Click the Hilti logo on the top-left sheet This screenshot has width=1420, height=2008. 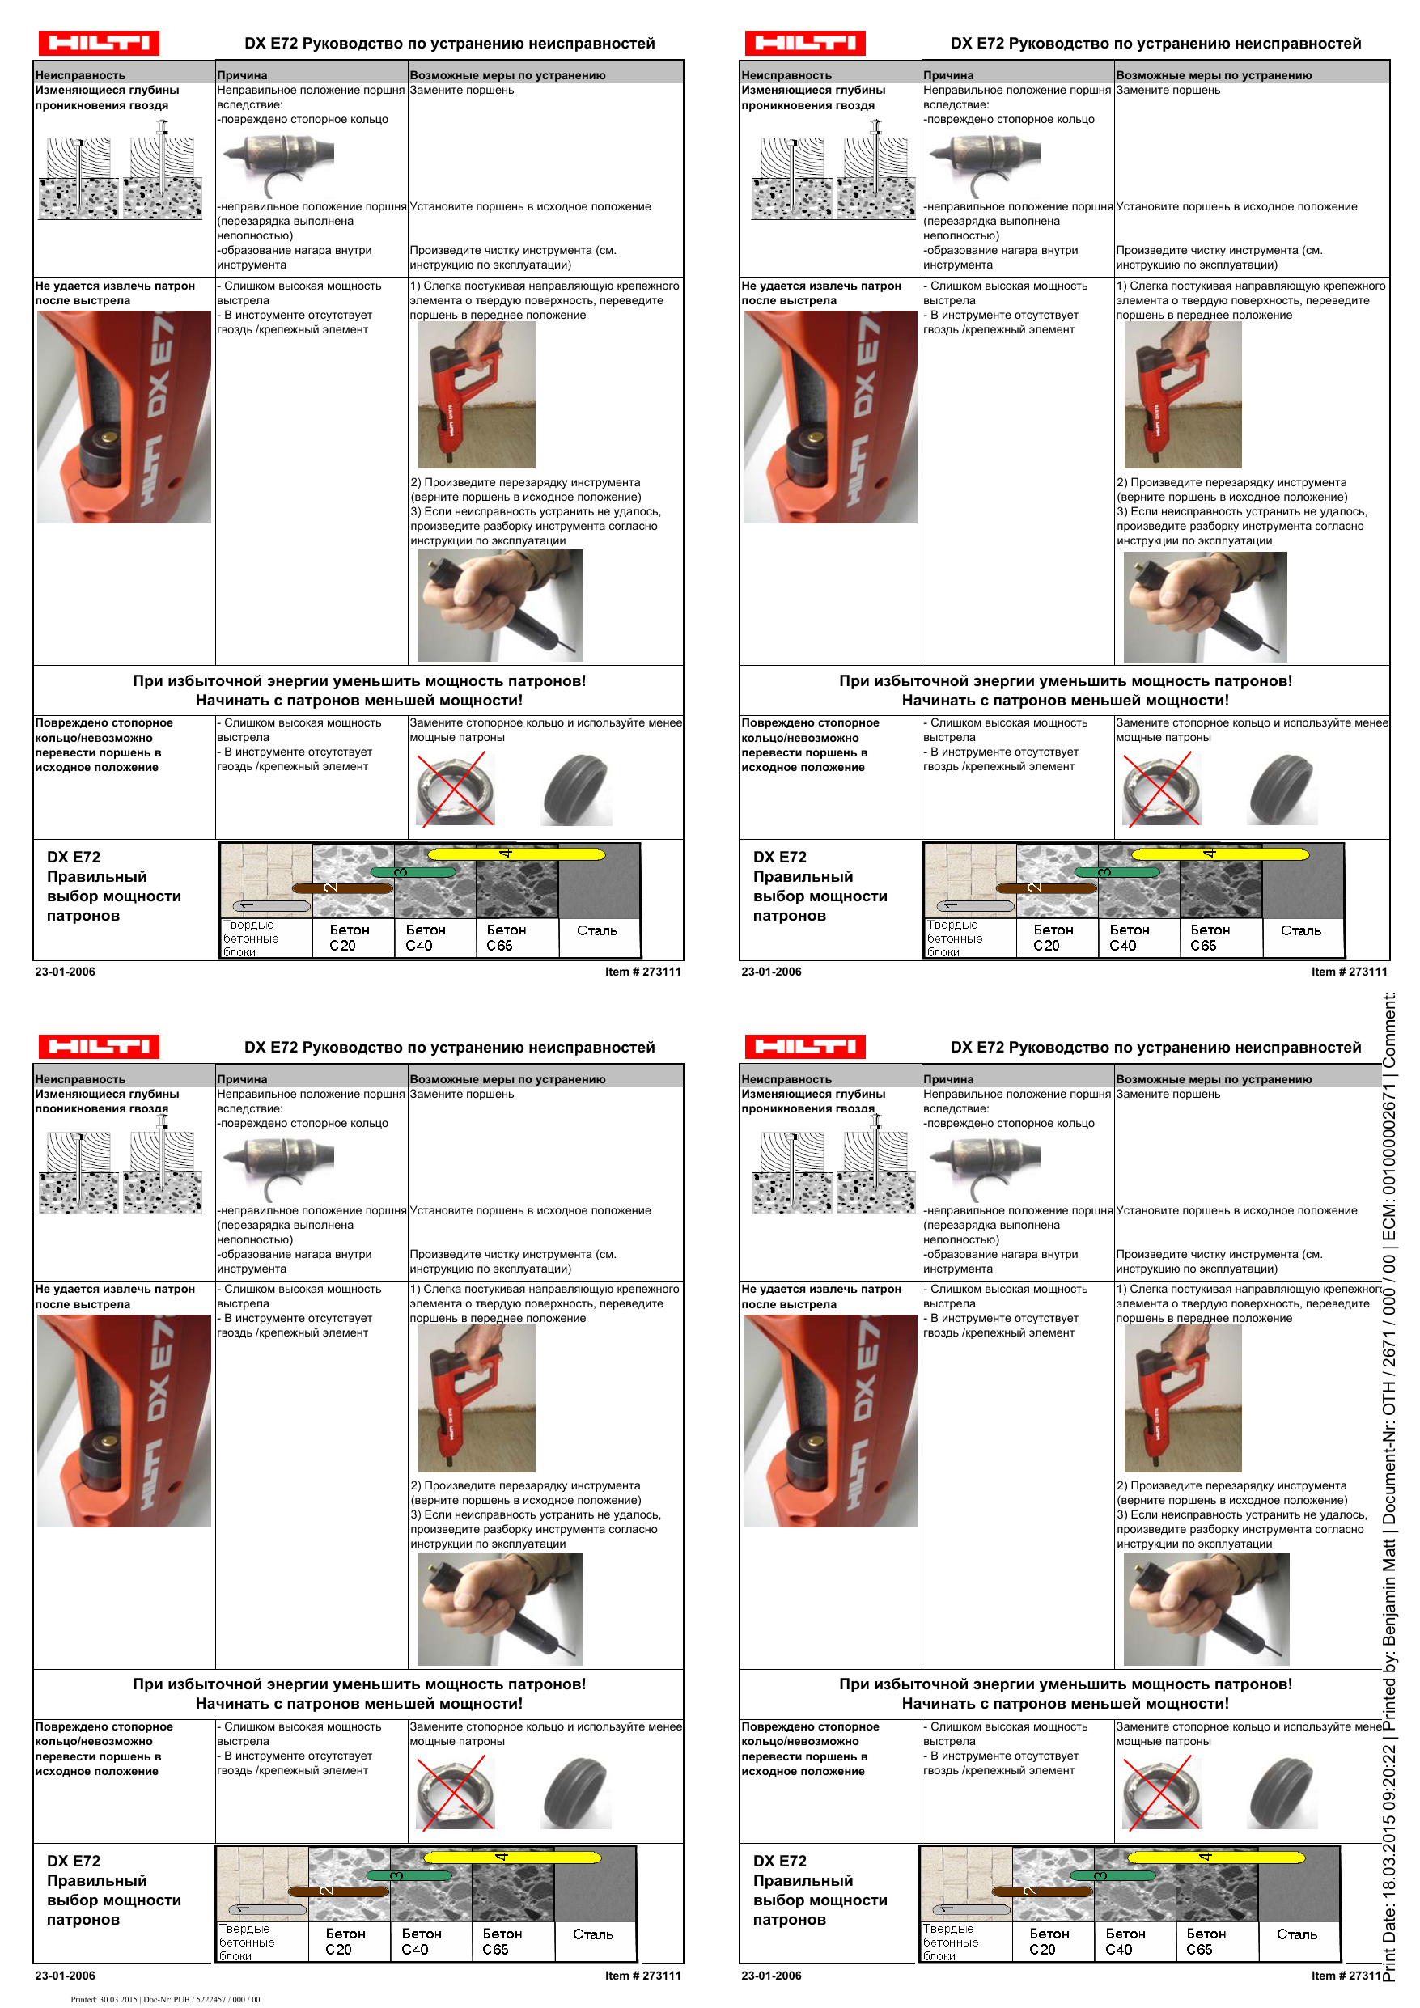[x=98, y=43]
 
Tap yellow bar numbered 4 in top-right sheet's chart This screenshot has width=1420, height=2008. [x=1219, y=854]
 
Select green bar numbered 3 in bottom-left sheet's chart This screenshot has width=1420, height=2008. [x=409, y=1876]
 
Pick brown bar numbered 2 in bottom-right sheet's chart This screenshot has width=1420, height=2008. [x=1045, y=1891]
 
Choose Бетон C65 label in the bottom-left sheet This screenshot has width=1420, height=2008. [x=502, y=1942]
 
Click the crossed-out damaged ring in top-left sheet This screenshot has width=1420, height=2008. [x=455, y=790]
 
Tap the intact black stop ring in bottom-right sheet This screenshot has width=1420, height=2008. [x=1282, y=1793]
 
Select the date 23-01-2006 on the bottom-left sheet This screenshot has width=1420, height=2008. [x=65, y=1976]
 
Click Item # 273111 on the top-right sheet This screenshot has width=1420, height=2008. [x=1349, y=972]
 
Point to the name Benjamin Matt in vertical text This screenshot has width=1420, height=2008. [x=1389, y=1591]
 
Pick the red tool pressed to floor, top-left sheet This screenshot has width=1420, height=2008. [x=475, y=396]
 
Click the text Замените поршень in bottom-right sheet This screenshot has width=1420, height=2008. [x=1167, y=1094]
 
